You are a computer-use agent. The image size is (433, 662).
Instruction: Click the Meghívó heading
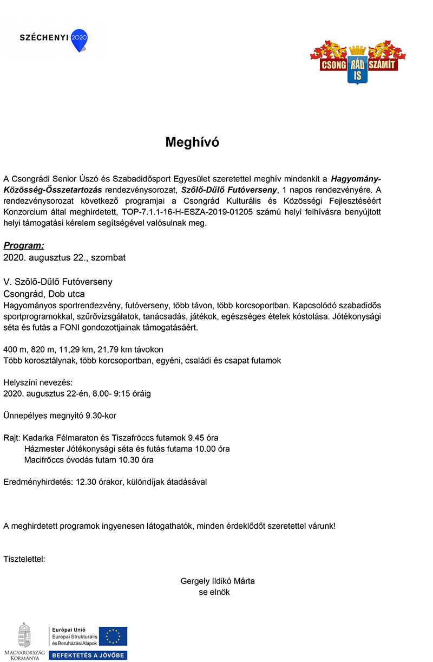[x=192, y=142]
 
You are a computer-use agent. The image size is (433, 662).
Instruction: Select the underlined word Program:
[x=24, y=245]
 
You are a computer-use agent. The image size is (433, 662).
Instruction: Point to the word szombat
[x=108, y=257]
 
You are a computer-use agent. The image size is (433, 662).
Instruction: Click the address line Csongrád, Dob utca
[x=44, y=294]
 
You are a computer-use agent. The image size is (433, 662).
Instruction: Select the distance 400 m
[x=15, y=349]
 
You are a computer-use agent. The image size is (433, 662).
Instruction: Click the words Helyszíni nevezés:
[x=37, y=382]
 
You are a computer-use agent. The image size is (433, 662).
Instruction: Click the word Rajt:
[x=12, y=438]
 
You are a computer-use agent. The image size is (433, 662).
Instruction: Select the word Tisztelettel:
[x=24, y=558]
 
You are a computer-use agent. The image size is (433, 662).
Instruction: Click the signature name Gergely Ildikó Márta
[x=218, y=581]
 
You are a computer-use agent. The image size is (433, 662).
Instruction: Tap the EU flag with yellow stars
[x=116, y=636]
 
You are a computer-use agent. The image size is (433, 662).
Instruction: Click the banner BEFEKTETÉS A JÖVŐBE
[x=88, y=655]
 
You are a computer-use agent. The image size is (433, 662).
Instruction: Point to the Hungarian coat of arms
[x=24, y=634]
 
